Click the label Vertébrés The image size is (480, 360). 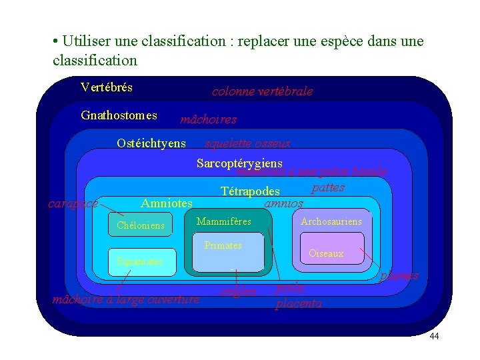pyautogui.click(x=106, y=87)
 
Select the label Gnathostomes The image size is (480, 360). pyautogui.click(x=119, y=115)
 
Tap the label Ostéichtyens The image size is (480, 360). pyautogui.click(x=151, y=143)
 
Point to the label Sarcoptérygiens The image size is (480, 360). pyautogui.click(x=239, y=163)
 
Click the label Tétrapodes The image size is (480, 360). pyautogui.click(x=250, y=192)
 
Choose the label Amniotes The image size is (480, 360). pyautogui.click(x=167, y=203)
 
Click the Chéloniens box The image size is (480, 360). pyautogui.click(x=141, y=225)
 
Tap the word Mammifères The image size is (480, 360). pyautogui.click(x=224, y=221)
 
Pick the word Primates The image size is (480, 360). pyautogui.click(x=223, y=245)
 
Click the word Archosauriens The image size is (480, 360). pyautogui.click(x=331, y=221)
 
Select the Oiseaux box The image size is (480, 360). pyautogui.click(x=327, y=253)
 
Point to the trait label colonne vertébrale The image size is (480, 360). pyautogui.click(x=262, y=92)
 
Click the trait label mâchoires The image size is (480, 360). pyautogui.click(x=209, y=120)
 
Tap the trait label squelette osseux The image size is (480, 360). pyautogui.click(x=247, y=144)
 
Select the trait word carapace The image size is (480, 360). pyautogui.click(x=73, y=203)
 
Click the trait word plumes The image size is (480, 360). pyautogui.click(x=400, y=275)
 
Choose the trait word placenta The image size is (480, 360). pyautogui.click(x=299, y=304)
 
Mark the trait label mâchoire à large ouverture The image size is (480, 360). pyautogui.click(x=126, y=299)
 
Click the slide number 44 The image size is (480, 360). pyautogui.click(x=434, y=336)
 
